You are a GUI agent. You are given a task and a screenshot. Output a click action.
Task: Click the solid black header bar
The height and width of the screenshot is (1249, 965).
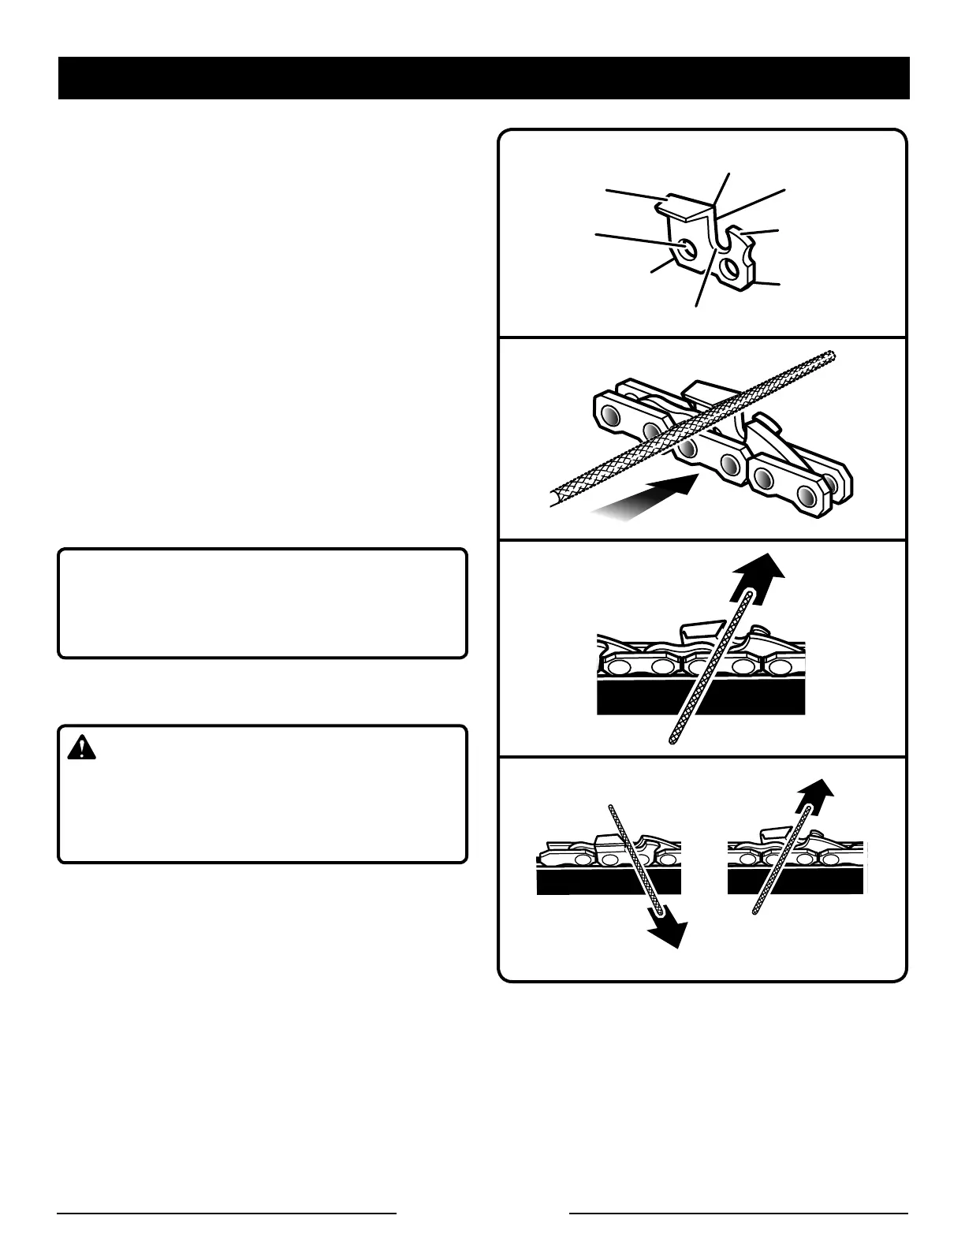click(x=483, y=78)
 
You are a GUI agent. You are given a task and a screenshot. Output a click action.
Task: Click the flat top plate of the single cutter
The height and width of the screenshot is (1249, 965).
click(x=686, y=207)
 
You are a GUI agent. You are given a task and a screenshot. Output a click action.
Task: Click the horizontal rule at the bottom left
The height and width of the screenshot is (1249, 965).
click(x=226, y=1212)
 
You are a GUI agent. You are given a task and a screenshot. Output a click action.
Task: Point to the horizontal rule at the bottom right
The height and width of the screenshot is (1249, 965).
click(x=739, y=1212)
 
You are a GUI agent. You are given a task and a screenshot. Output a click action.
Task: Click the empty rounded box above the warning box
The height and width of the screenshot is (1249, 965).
click(x=263, y=603)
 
